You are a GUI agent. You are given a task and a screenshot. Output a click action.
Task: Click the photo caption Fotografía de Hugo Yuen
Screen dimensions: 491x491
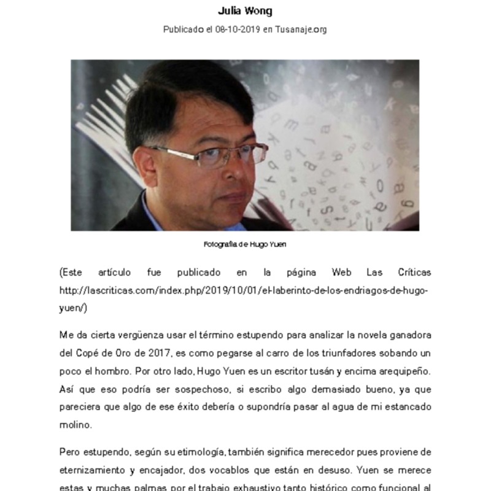(x=245, y=244)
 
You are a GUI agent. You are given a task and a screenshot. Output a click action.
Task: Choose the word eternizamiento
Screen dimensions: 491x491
(x=98, y=470)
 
